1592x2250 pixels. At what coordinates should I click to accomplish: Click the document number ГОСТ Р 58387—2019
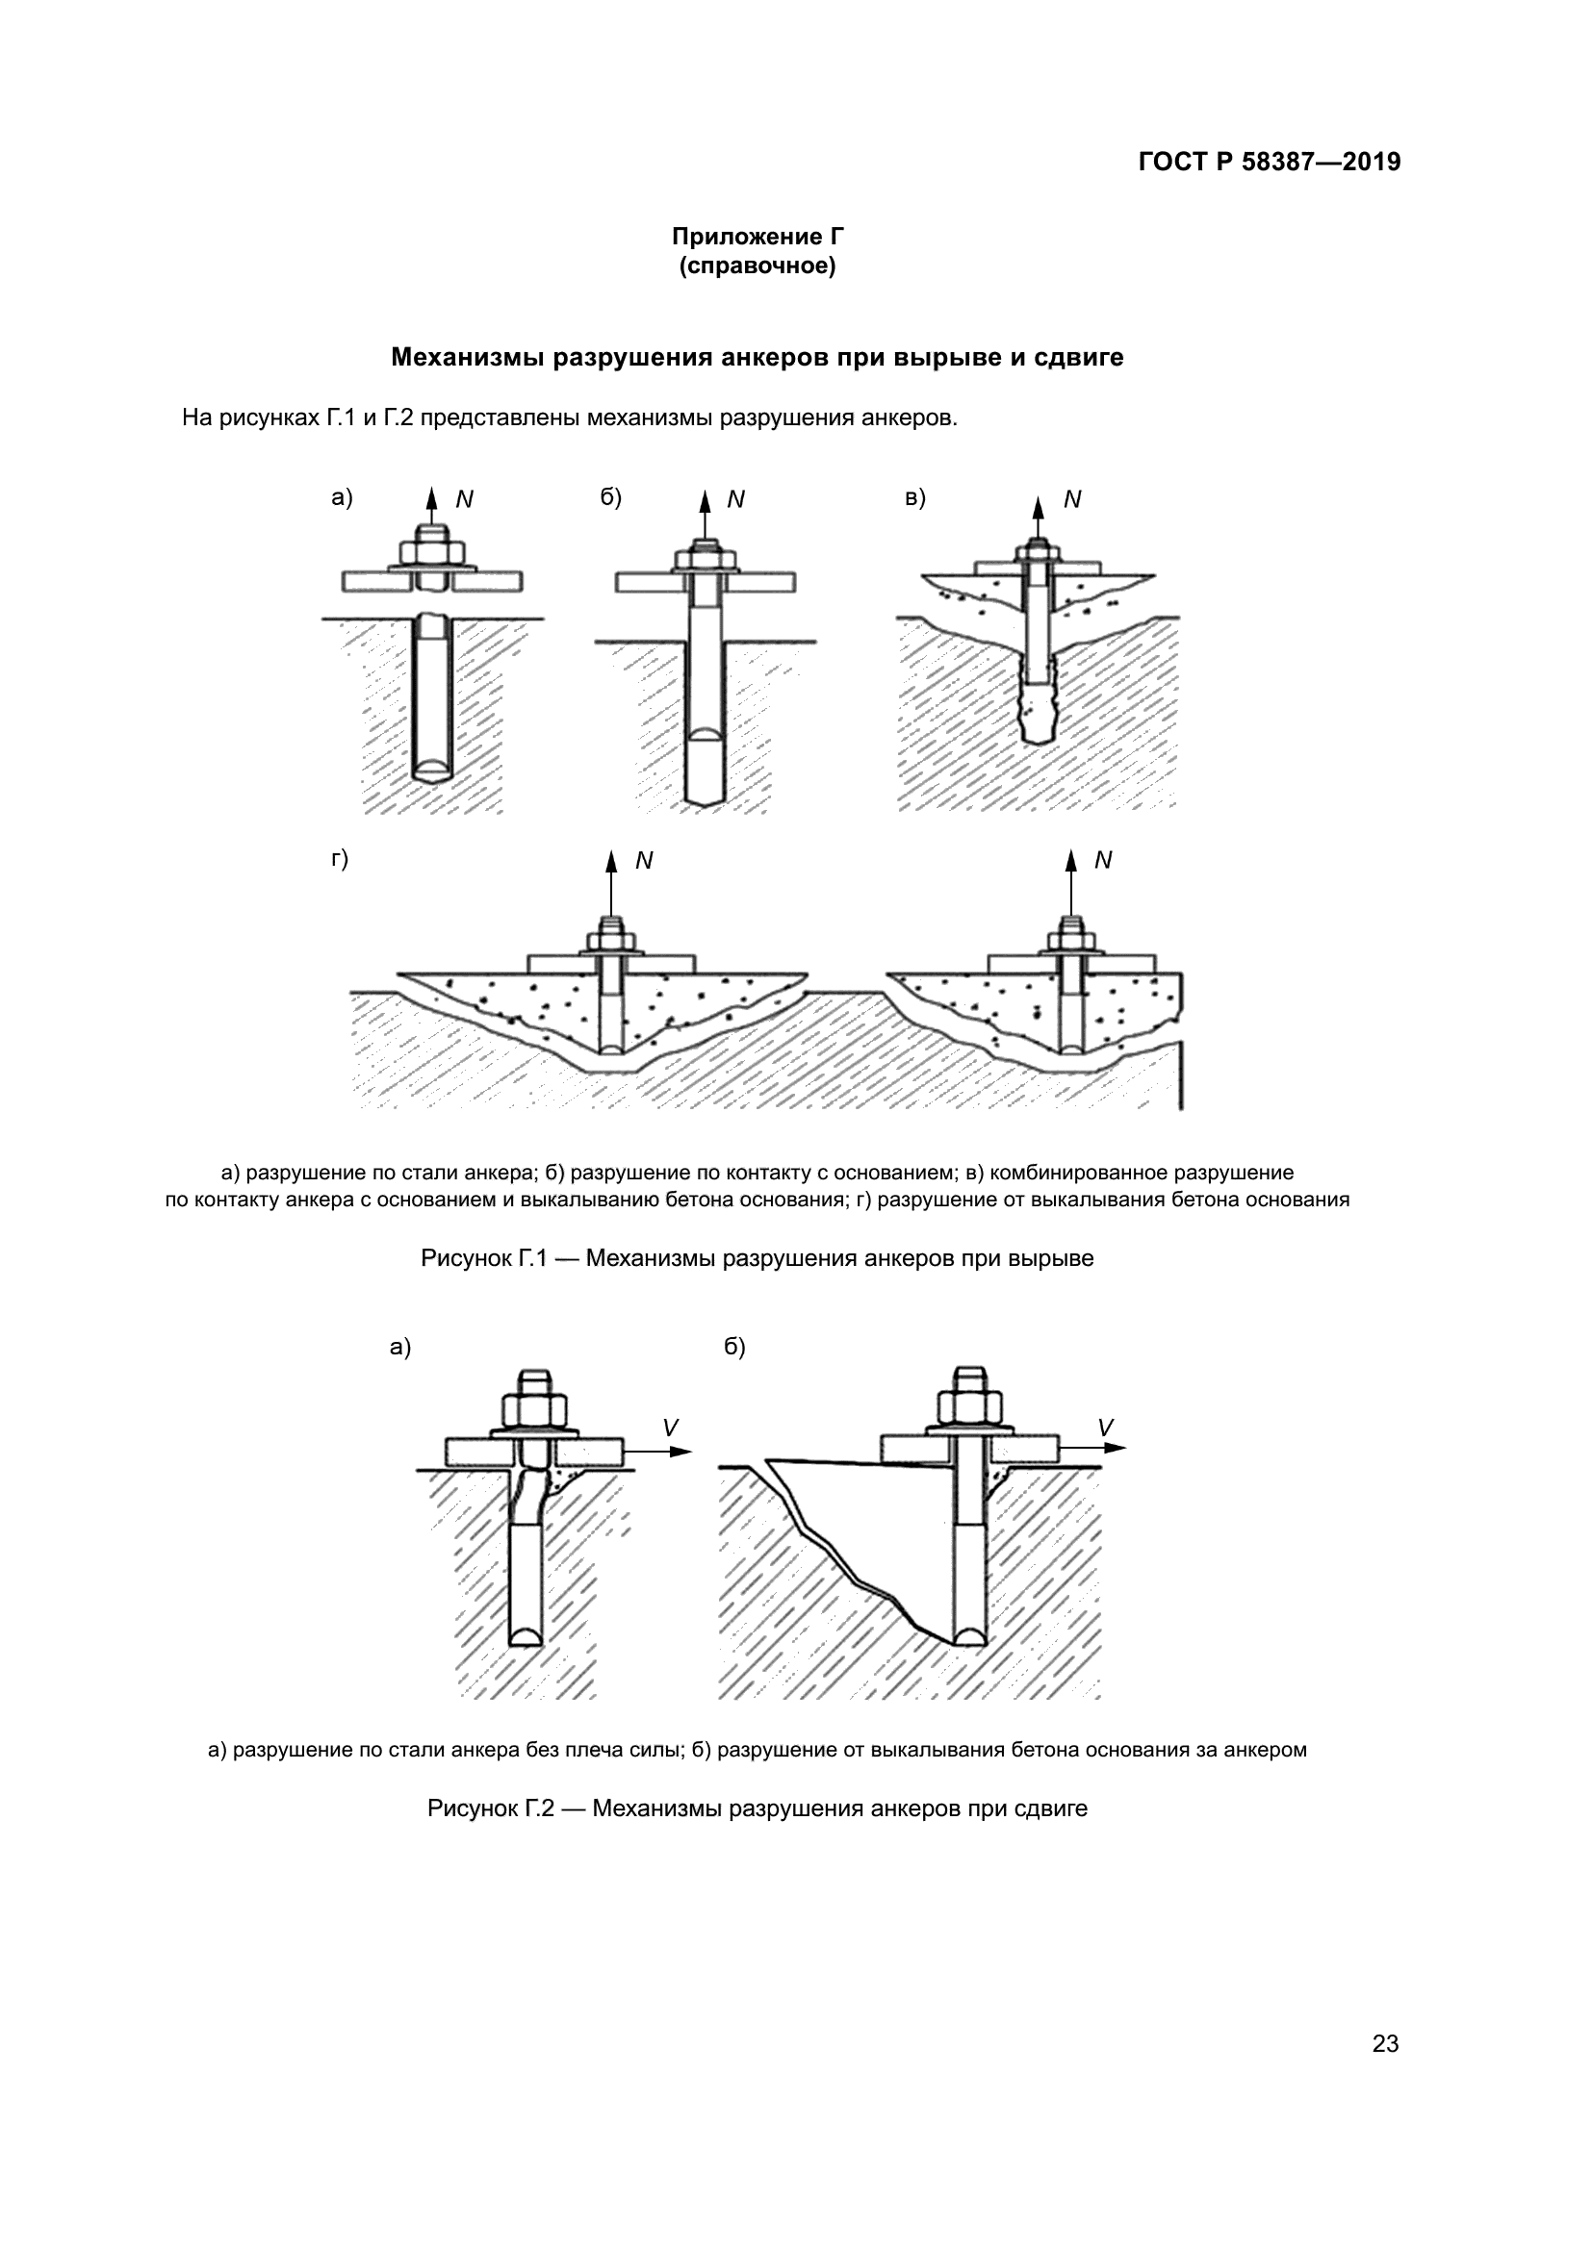[1269, 163]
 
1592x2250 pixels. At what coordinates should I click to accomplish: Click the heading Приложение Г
[757, 237]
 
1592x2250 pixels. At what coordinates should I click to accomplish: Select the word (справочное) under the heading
[757, 266]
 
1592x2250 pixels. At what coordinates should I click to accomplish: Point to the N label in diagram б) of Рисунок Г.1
[736, 500]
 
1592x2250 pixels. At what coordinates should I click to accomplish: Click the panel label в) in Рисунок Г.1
[914, 498]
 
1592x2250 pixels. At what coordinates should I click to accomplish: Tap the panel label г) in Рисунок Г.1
[339, 859]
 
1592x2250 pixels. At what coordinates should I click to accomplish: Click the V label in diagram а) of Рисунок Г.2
[671, 1428]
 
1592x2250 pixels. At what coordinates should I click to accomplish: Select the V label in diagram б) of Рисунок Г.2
[1106, 1428]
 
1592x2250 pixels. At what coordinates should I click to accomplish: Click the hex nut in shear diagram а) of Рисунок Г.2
[534, 1411]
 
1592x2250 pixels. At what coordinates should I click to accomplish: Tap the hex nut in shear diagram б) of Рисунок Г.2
[969, 1409]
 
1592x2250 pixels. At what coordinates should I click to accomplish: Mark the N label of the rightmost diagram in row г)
[1103, 860]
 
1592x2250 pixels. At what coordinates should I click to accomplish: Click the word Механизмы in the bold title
[468, 358]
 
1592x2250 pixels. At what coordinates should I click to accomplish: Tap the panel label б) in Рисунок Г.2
[734, 1348]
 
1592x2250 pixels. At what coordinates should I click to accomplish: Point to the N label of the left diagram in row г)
[644, 860]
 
